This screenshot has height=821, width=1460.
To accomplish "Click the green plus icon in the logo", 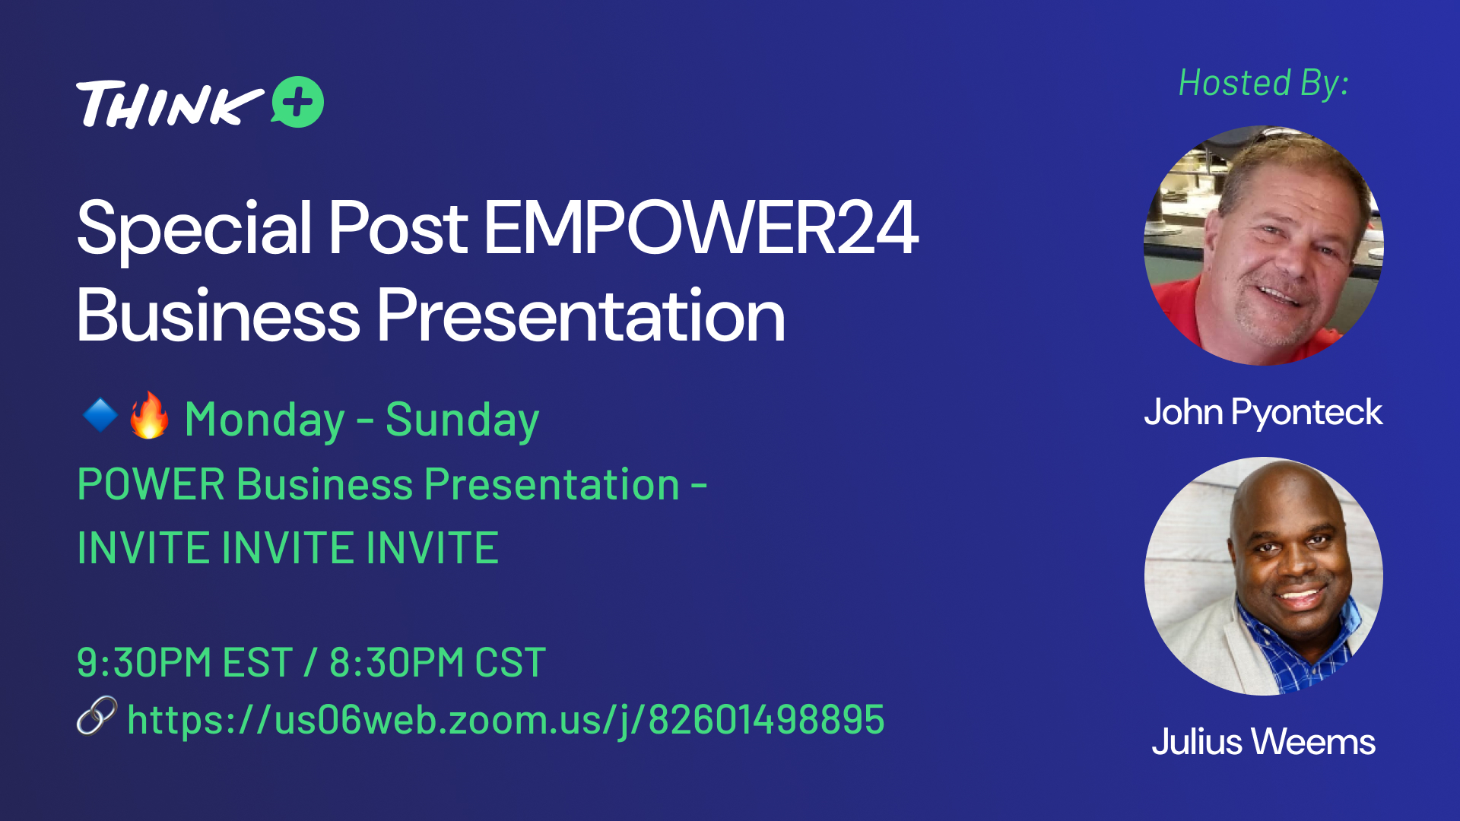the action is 298,102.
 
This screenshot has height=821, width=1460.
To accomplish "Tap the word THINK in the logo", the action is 170,104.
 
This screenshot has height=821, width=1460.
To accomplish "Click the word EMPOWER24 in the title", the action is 700,227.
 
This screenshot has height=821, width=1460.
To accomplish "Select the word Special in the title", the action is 195,229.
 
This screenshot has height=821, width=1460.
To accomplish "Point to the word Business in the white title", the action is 218,315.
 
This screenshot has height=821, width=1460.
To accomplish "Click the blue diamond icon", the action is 100,415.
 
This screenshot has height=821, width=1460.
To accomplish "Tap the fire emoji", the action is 149,415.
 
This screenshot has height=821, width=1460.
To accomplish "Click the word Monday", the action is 265,420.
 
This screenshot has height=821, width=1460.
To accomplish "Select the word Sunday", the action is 462,420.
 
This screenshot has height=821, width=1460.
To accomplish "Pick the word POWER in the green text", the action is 151,484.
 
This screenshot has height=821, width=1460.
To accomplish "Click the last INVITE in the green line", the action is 433,548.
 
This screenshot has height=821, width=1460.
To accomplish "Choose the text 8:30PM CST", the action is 438,662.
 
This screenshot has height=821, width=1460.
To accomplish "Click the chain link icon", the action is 97,716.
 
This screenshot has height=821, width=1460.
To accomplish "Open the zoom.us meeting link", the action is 506,720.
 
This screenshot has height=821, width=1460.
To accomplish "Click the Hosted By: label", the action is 1264,83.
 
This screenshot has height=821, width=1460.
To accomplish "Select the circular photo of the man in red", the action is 1264,246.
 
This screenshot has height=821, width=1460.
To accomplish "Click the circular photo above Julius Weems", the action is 1264,575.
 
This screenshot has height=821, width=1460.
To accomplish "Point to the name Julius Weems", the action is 1263,742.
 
